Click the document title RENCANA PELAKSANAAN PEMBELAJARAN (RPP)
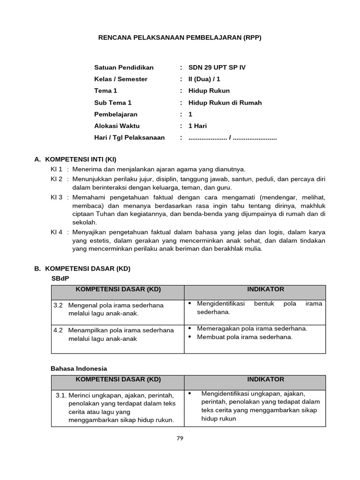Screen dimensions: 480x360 pos(180,37)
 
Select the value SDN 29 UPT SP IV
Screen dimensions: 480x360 pos(217,67)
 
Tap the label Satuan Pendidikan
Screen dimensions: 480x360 pos(124,67)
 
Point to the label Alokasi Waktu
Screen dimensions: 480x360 pos(117,126)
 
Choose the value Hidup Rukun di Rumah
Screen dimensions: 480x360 pos(225,103)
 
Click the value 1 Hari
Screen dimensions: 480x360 pos(197,126)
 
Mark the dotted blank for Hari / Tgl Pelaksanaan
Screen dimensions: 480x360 pos(232,138)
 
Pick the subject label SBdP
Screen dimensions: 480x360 pos(60,278)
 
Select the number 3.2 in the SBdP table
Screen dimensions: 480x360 pos(58,305)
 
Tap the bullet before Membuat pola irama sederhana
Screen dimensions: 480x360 pos(190,337)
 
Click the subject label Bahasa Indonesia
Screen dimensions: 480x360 pos(79,368)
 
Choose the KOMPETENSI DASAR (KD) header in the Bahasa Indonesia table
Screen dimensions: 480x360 pos(118,379)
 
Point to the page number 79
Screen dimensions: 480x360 pos(180,438)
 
